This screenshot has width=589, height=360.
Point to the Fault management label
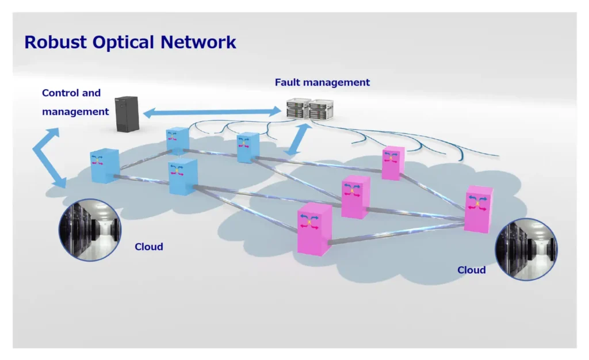pyautogui.click(x=322, y=82)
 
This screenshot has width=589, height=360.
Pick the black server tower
pyautogui.click(x=127, y=114)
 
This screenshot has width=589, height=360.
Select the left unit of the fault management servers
pyautogui.click(x=298, y=110)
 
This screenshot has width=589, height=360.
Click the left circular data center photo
pyautogui.click(x=90, y=229)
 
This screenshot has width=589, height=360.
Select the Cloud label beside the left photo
pyautogui.click(x=149, y=247)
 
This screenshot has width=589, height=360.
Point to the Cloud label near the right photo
pyautogui.click(x=472, y=270)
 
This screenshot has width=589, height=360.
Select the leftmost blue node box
pyautogui.click(x=105, y=166)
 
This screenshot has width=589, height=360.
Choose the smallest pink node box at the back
pyautogui.click(x=393, y=163)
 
